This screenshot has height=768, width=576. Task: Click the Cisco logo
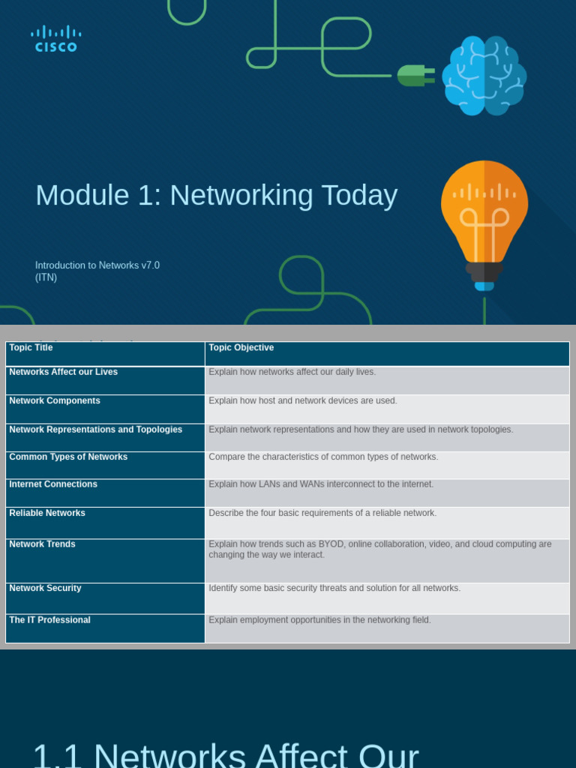[x=56, y=39]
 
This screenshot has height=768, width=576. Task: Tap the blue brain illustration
[x=484, y=75]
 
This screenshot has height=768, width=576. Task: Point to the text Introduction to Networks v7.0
[x=97, y=265]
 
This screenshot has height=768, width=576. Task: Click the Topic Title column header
[x=31, y=348]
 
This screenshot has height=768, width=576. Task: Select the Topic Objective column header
[x=241, y=348]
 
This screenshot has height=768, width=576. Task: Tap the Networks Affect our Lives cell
[x=63, y=372]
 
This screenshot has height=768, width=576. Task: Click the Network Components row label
[x=55, y=401]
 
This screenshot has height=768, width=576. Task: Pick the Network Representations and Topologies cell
[x=95, y=430]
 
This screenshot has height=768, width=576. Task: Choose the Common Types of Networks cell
[x=68, y=457]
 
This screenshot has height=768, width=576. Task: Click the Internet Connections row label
[x=53, y=484]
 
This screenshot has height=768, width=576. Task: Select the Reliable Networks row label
[x=47, y=513]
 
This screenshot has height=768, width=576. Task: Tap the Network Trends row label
[x=42, y=544]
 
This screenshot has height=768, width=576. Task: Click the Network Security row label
[x=45, y=589]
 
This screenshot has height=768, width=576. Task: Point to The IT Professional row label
[x=49, y=620]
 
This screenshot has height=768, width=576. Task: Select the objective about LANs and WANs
[x=321, y=484]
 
